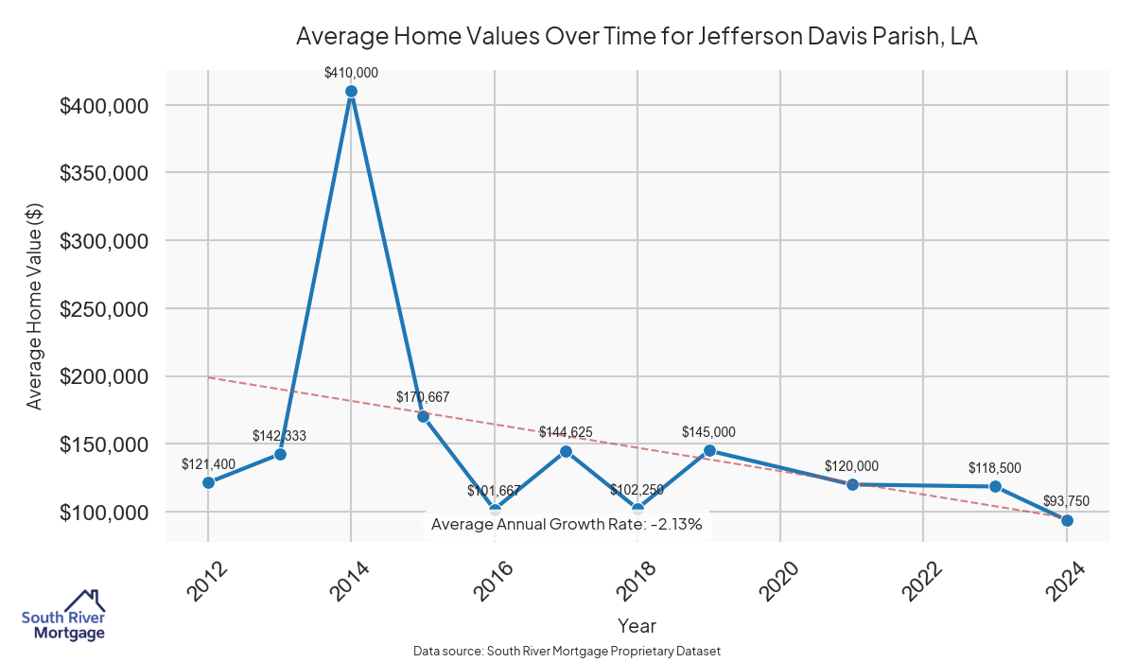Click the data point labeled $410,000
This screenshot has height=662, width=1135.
pos(351,92)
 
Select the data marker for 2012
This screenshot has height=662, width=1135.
pos(208,483)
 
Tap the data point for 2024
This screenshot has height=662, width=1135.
pos(1067,520)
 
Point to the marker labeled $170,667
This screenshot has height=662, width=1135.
pos(423,416)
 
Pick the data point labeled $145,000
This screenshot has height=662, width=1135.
pos(709,450)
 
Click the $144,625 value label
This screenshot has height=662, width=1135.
pos(566,432)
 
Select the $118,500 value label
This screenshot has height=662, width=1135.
pos(994,468)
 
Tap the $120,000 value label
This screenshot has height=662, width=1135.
pos(851,466)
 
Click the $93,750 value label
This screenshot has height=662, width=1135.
pos(1066,501)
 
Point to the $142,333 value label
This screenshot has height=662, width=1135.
pos(279,436)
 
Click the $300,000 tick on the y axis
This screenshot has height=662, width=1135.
pos(104,241)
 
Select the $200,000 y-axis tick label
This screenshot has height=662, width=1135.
pos(104,376)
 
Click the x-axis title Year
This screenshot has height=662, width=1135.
pos(637,626)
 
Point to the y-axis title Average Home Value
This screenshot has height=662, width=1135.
pos(34,307)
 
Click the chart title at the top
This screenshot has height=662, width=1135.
pos(637,37)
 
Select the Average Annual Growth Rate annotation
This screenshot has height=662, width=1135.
pos(567,524)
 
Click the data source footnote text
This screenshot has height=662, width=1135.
pos(567,652)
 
